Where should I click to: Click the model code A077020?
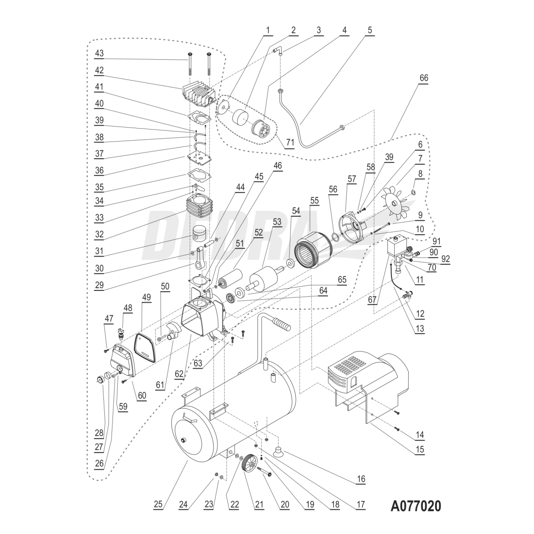(x=416, y=506)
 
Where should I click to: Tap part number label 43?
(x=99, y=53)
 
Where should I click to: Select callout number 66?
(x=423, y=78)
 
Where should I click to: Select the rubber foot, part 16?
(x=277, y=450)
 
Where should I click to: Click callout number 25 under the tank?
(x=157, y=505)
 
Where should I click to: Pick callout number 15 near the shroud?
(x=419, y=449)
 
